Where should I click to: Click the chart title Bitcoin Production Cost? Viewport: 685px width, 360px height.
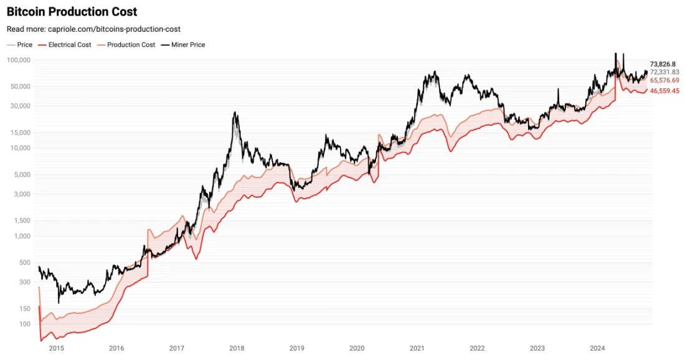click(72, 12)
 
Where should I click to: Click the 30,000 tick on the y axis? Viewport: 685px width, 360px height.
click(20, 106)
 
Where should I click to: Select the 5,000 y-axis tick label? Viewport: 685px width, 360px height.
click(22, 174)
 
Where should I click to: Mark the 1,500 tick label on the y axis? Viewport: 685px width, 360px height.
click(22, 220)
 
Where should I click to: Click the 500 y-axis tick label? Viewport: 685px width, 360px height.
click(25, 262)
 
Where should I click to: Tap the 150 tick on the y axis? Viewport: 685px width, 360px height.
click(25, 308)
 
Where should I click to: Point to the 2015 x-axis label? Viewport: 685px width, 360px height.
click(56, 349)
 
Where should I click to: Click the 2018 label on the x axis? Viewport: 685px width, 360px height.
click(236, 349)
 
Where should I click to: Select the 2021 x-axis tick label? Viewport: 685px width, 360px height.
click(417, 349)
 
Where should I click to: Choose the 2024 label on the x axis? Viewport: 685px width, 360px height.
click(597, 349)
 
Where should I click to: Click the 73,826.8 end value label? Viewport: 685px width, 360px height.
click(663, 64)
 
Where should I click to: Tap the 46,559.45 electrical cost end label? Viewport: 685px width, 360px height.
click(664, 91)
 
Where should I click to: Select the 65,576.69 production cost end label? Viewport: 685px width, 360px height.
click(664, 80)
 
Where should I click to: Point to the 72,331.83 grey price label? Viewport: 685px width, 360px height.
click(664, 72)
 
